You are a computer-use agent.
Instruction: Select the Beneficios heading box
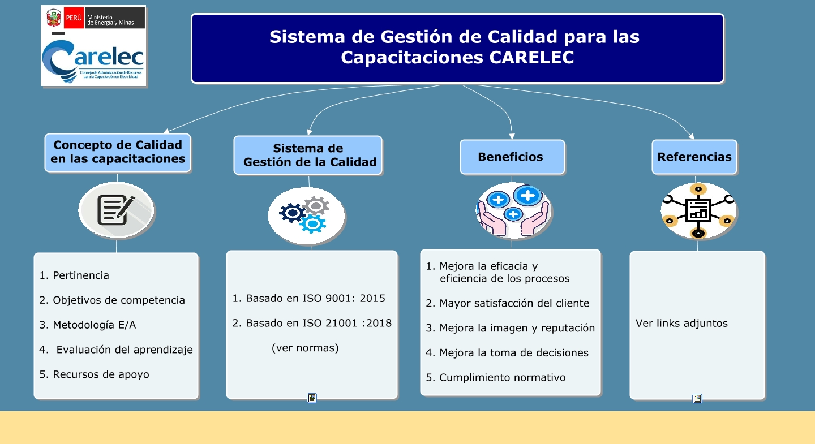tap(512, 157)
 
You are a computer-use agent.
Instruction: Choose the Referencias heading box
tap(694, 157)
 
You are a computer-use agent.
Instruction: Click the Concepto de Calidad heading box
tap(118, 152)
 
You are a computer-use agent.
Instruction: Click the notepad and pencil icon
tap(116, 210)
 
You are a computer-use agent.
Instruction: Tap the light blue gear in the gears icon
tap(312, 224)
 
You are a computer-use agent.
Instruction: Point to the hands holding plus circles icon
tap(513, 210)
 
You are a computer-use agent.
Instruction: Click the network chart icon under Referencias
tap(698, 210)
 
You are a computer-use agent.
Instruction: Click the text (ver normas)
tap(305, 348)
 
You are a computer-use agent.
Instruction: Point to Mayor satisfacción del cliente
tap(514, 303)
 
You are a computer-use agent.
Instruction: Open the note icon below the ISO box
tap(312, 398)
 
